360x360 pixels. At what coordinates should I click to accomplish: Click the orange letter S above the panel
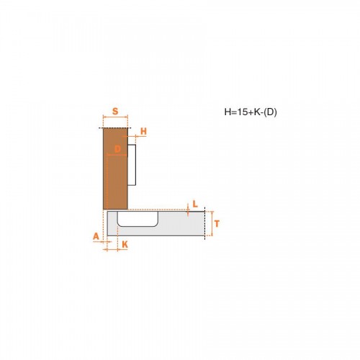[115, 112]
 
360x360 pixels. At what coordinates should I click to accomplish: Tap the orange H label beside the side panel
[143, 131]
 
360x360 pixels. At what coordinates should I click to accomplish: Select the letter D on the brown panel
[117, 149]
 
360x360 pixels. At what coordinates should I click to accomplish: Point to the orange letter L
[195, 204]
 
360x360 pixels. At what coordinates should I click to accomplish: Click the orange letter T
[217, 224]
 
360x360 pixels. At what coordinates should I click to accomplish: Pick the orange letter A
[96, 236]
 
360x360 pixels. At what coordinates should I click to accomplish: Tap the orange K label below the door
[125, 245]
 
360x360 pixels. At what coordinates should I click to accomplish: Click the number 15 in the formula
[242, 112]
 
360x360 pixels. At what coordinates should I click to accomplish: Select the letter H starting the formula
[228, 112]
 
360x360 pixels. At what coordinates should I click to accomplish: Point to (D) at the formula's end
[270, 112]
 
